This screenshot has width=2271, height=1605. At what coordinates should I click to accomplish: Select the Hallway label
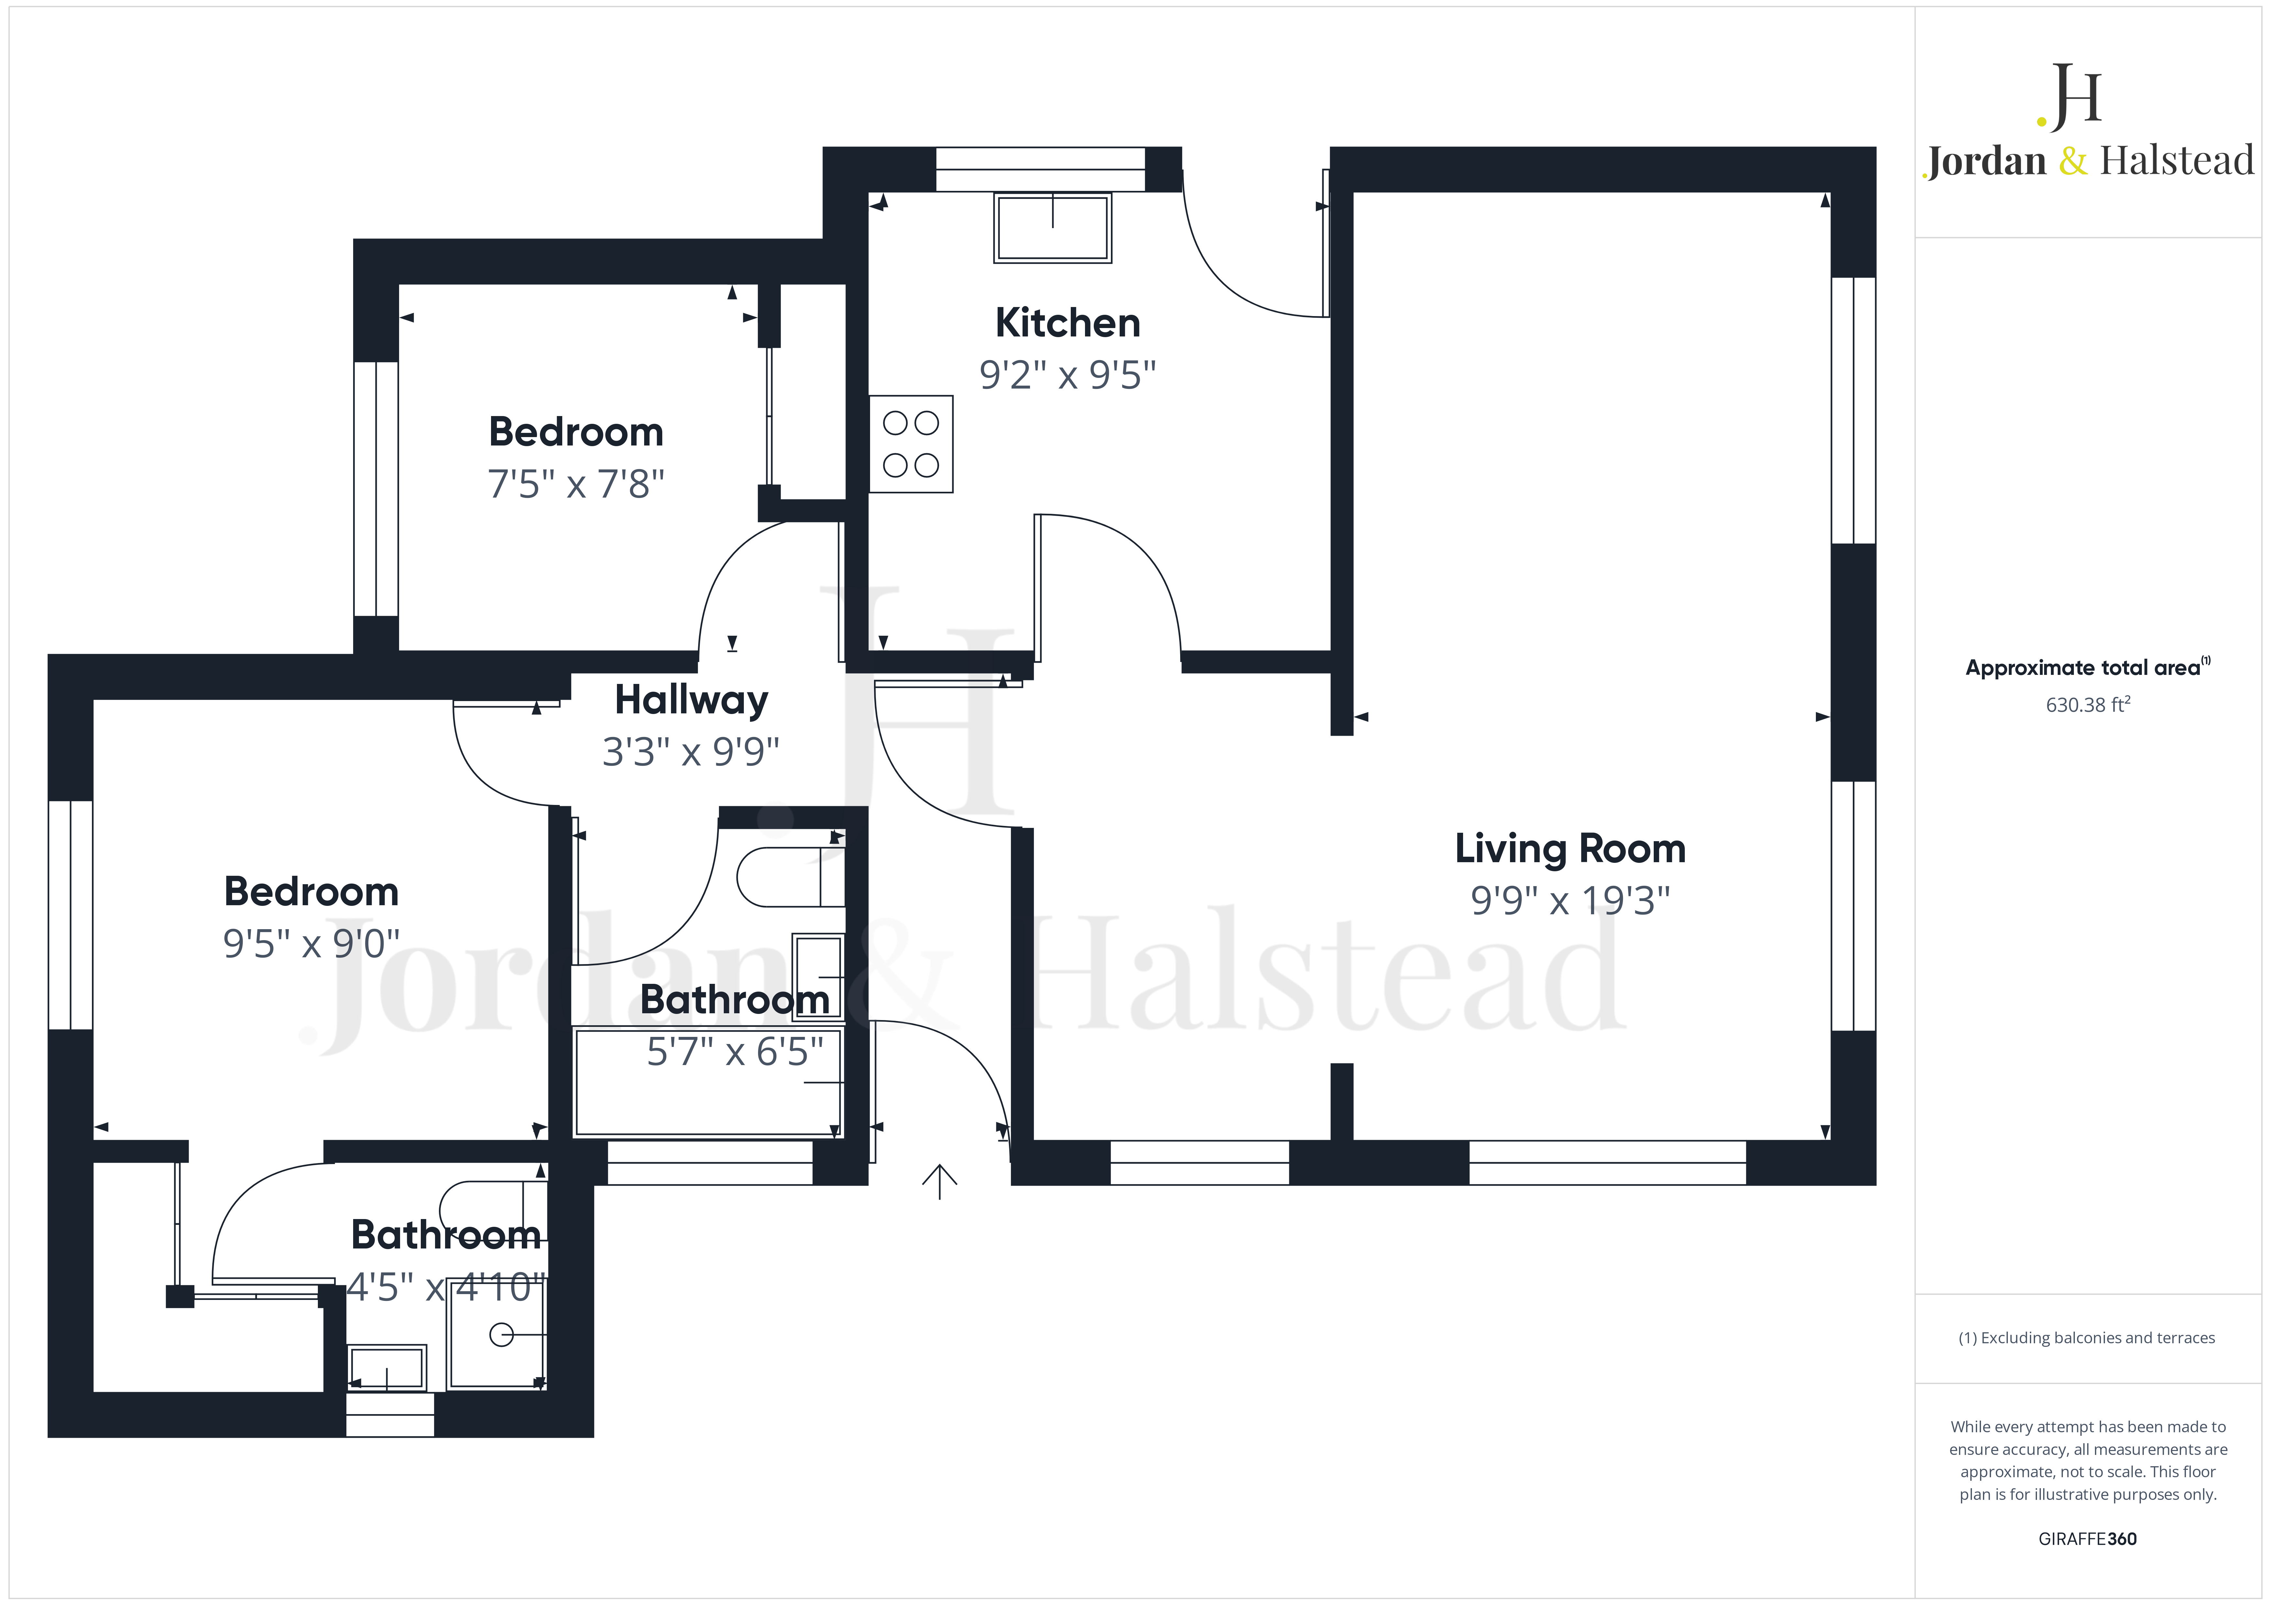(x=691, y=700)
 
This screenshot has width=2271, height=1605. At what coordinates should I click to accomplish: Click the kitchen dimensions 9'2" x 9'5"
(x=1067, y=375)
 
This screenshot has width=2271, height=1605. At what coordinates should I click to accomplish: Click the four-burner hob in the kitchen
(x=911, y=444)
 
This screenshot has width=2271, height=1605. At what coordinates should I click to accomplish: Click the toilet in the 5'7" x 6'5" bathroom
(x=790, y=876)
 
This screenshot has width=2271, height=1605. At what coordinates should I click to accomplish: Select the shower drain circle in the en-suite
(x=501, y=1335)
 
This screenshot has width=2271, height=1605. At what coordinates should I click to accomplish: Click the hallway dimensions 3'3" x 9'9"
(x=691, y=752)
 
